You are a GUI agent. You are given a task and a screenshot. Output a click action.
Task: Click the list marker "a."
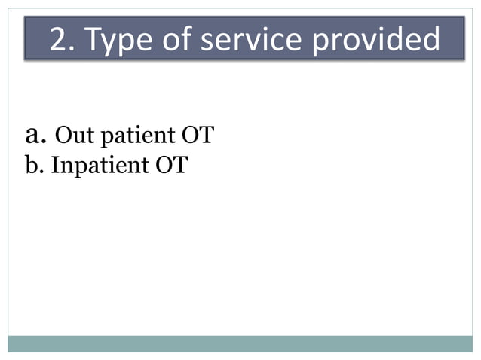(x=37, y=135)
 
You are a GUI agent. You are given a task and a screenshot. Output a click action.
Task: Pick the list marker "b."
(x=35, y=165)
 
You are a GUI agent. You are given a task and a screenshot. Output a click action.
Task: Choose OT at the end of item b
(x=170, y=165)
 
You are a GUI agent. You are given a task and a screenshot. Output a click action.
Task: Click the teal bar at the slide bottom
(x=240, y=343)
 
